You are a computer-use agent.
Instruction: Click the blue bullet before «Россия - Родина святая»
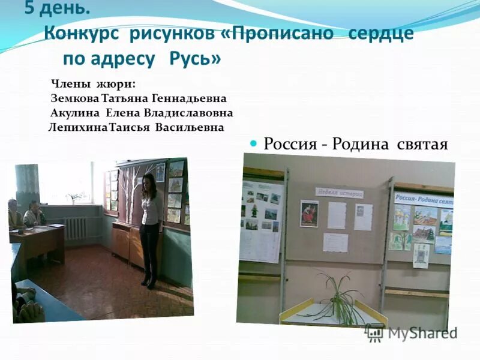pos(253,143)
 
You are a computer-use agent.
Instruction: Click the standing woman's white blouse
pos(151,210)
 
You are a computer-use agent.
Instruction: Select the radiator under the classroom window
pos(75,228)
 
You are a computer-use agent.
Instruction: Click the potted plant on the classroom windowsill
pos(74,197)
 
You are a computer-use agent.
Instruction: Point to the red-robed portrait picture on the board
pos(309,213)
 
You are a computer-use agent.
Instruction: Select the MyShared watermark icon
pos(375,333)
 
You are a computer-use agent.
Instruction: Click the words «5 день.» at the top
pos(57,9)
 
